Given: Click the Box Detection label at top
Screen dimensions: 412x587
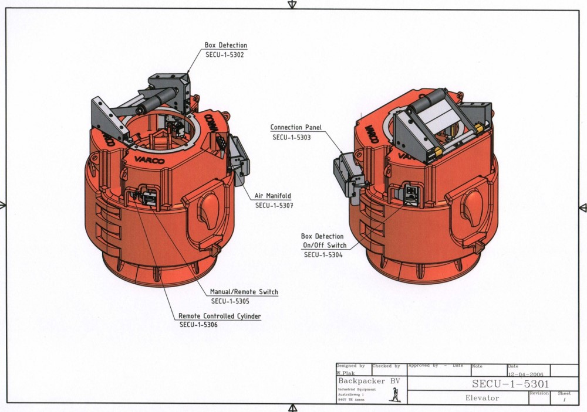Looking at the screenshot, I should coord(225,45).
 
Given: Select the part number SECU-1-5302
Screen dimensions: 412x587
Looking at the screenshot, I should coord(224,55).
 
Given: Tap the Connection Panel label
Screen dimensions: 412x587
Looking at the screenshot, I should coord(295,127).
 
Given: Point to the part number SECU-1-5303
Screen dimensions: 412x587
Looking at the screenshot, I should coord(291,137).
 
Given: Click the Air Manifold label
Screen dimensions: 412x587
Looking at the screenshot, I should coord(272,196).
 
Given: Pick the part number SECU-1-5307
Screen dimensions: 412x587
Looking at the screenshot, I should coord(274,206).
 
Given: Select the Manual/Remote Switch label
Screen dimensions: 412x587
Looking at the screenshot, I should coord(244,292).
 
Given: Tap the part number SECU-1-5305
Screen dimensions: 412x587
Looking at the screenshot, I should coord(230,302).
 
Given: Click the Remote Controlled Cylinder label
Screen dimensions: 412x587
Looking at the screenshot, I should coord(220,316).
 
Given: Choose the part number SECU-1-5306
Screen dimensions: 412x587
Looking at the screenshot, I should coord(198,325).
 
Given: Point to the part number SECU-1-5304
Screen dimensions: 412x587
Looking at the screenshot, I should coord(323,255).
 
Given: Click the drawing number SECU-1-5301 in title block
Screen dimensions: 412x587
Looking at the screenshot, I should coord(511,384).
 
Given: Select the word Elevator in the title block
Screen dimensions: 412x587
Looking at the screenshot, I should coord(482,398).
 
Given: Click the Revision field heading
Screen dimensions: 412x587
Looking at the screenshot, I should coord(538,394).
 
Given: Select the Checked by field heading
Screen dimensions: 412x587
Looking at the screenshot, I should coord(386,366).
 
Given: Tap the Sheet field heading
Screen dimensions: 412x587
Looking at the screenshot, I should coord(564,394).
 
